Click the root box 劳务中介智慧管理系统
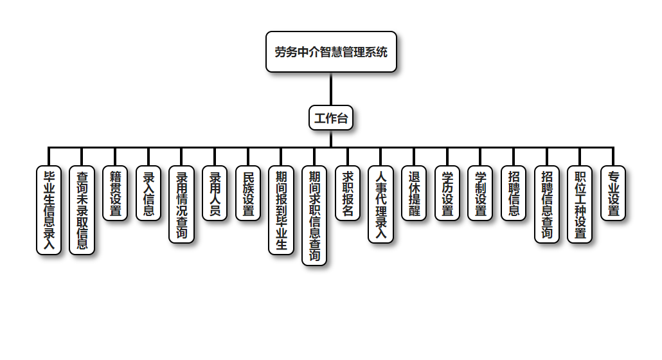click(x=331, y=52)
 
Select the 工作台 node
click(x=331, y=118)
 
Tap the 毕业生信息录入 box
click(x=49, y=210)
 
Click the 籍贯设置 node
click(x=116, y=194)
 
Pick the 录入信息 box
click(x=148, y=194)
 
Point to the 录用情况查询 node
click(x=182, y=204)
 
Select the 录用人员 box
click(x=215, y=194)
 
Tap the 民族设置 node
click(x=248, y=194)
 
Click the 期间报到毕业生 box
click(x=282, y=210)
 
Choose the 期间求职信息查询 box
click(x=314, y=215)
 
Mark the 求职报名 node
click(x=348, y=194)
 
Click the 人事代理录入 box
click(x=381, y=204)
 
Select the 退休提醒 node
click(x=414, y=194)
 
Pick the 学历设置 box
click(x=447, y=194)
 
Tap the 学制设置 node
click(x=480, y=194)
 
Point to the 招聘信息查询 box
click(x=547, y=204)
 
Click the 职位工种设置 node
click(x=580, y=204)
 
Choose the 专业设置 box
click(x=613, y=194)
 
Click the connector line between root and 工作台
click(x=331, y=89)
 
